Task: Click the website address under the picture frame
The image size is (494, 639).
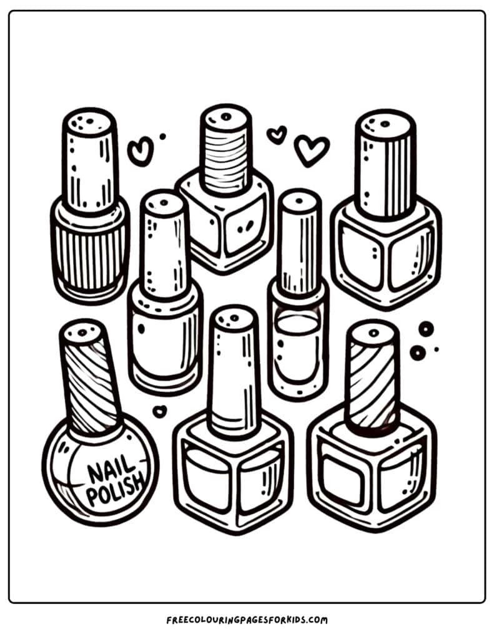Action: click(247, 620)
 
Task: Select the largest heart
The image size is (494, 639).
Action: click(311, 150)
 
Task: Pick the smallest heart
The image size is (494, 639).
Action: click(276, 134)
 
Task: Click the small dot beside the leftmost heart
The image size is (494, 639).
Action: click(162, 136)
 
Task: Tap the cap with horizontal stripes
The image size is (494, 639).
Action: click(225, 150)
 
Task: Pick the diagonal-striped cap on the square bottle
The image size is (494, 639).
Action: click(372, 378)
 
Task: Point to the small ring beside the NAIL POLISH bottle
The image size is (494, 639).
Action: click(160, 411)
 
